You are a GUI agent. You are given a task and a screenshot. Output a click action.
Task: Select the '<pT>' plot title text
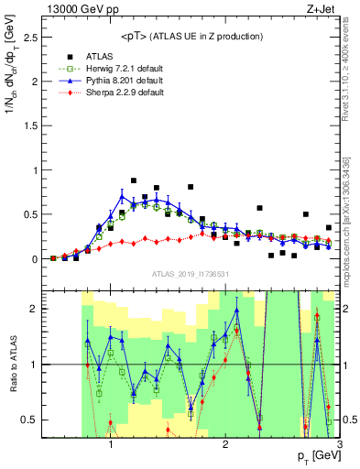pyautogui.click(x=192, y=36)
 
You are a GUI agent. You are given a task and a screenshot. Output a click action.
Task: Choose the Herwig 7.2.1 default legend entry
pyautogui.click(x=120, y=69)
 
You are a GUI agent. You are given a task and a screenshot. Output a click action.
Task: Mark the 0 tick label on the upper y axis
pyautogui.click(x=34, y=259)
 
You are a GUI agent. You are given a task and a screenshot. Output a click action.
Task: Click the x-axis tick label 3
pyautogui.click(x=339, y=444)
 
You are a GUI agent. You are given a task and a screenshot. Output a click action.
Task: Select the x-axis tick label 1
pyautogui.click(x=111, y=444)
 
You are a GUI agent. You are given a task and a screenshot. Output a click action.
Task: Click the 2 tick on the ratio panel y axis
pyautogui.click(x=34, y=309)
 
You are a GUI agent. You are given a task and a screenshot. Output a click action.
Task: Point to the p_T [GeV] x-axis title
pyautogui.click(x=317, y=456)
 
